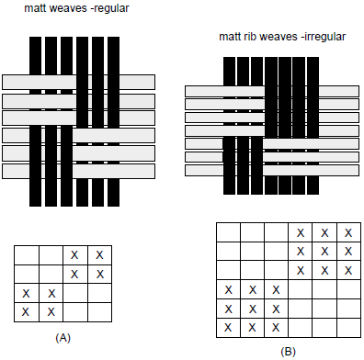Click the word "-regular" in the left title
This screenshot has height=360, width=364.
point(111,8)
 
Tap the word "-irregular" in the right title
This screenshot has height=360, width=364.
point(324,37)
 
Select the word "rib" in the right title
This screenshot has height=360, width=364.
point(250,37)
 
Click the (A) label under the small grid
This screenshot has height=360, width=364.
point(63,338)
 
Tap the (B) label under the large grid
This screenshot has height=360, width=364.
point(288,352)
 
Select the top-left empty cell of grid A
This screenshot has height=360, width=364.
point(27,255)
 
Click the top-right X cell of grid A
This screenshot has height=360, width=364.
point(100,255)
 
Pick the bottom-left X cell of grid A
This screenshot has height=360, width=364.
point(27,312)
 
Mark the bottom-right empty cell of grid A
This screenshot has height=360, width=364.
point(100,312)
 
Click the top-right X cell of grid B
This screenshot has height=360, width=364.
point(348,232)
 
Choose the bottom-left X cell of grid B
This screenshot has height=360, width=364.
point(228,328)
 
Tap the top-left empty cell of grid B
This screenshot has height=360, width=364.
point(228,232)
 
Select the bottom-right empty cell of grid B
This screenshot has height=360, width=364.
point(348,328)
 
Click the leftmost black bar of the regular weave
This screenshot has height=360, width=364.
point(35,121)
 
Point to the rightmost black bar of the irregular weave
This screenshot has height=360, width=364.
point(313,126)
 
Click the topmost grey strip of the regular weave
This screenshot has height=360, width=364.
point(78,82)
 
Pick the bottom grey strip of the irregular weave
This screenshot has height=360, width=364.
point(272,170)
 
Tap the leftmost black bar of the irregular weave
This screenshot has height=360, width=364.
point(229,126)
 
